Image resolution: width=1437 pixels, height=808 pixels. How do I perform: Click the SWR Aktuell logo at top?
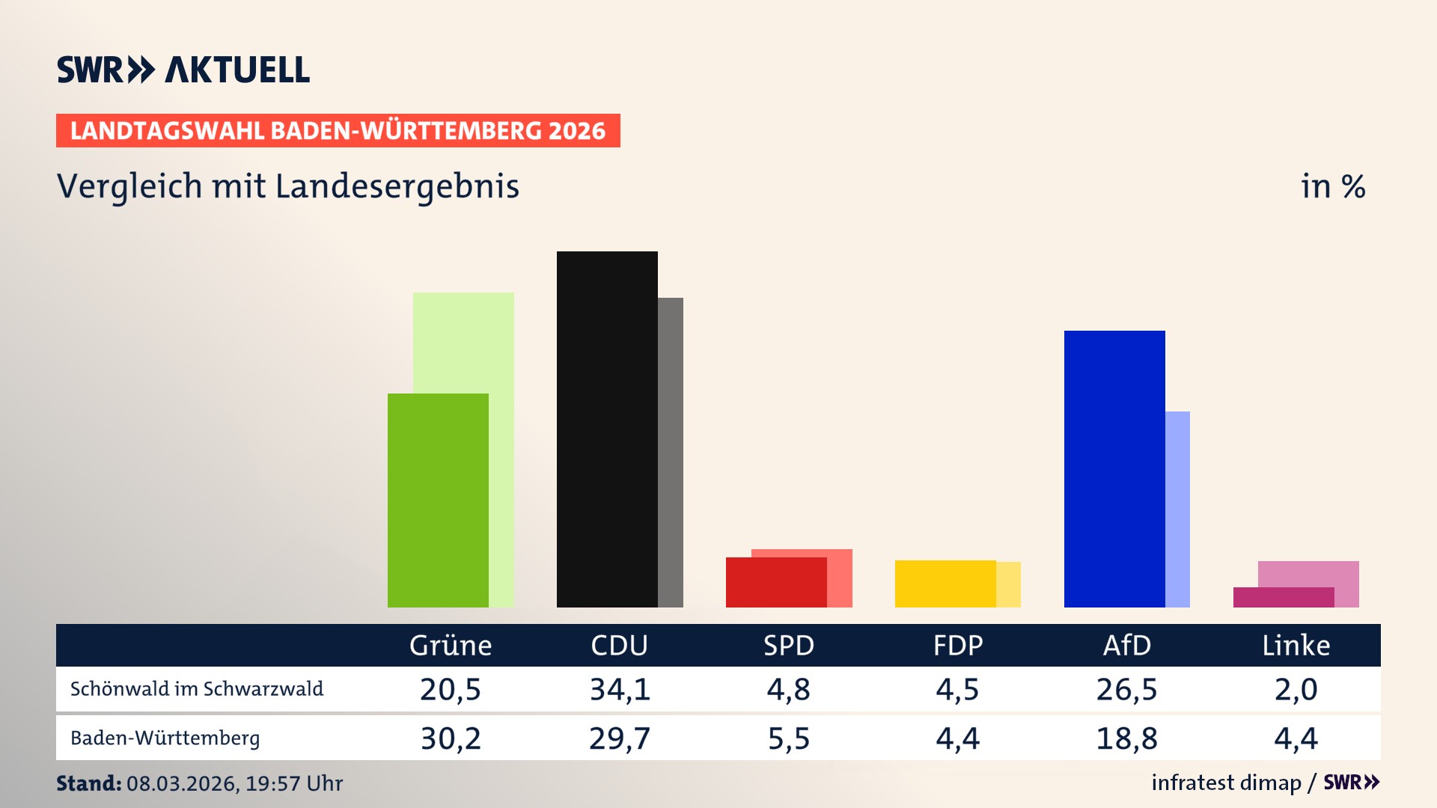pyautogui.click(x=183, y=70)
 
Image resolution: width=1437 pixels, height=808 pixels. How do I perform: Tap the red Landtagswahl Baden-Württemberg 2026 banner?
pyautogui.click(x=338, y=131)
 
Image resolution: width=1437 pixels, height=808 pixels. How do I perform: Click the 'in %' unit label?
pyautogui.click(x=1332, y=187)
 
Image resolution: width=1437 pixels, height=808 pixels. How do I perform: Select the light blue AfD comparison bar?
pyautogui.click(x=1177, y=509)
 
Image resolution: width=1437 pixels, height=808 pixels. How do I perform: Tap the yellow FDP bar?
pyautogui.click(x=945, y=584)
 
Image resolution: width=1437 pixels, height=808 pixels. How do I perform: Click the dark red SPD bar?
pyautogui.click(x=776, y=582)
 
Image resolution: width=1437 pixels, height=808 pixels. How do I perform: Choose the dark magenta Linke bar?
pyautogui.click(x=1283, y=597)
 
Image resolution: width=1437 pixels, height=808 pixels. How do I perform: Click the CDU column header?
pyautogui.click(x=619, y=646)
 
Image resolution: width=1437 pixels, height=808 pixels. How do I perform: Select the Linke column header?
pyautogui.click(x=1296, y=646)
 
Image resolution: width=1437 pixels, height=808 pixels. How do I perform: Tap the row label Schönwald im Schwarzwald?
pyautogui.click(x=197, y=689)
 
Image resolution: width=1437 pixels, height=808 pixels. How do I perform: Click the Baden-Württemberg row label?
pyautogui.click(x=165, y=738)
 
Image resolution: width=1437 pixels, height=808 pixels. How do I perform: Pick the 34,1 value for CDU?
pyautogui.click(x=620, y=689)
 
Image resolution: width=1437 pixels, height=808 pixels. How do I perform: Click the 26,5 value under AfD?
pyautogui.click(x=1126, y=689)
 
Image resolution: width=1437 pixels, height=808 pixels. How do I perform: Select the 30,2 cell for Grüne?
pyautogui.click(x=451, y=738)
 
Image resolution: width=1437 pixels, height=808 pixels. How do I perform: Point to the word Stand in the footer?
pyautogui.click(x=88, y=783)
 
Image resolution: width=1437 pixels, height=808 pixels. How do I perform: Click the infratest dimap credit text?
pyautogui.click(x=1226, y=783)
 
